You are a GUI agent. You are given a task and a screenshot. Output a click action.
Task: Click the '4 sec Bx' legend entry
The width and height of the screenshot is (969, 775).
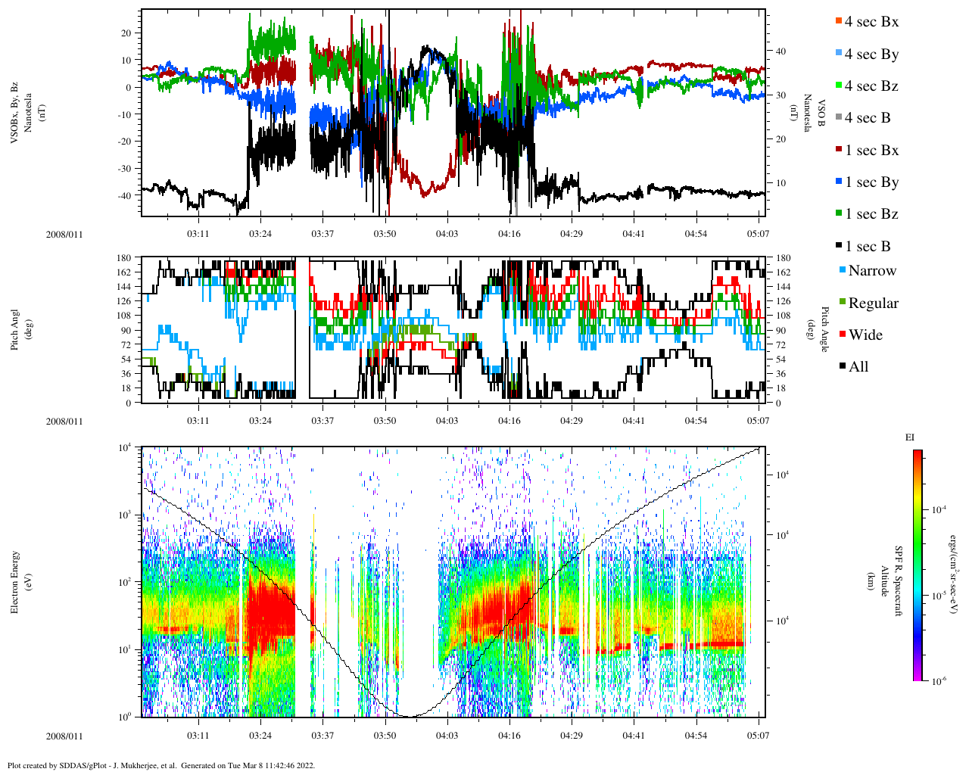871,22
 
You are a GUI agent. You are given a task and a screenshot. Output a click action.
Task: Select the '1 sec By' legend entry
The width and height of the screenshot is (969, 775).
871,182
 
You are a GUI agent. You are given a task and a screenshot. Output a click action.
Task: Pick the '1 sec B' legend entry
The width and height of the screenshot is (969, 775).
868,247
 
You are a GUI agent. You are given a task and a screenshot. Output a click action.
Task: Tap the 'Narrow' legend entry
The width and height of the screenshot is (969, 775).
871,271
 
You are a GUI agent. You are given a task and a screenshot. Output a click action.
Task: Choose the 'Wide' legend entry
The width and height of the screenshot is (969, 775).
865,335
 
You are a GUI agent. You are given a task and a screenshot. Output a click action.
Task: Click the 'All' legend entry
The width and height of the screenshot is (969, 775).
858,367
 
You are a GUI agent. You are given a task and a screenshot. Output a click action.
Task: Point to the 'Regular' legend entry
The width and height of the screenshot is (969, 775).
873,303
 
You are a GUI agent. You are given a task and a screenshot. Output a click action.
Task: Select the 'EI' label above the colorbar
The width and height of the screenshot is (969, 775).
910,437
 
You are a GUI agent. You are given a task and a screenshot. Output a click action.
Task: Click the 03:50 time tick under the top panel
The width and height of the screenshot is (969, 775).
385,234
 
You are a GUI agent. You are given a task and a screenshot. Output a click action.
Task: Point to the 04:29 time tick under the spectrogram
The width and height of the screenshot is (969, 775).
572,736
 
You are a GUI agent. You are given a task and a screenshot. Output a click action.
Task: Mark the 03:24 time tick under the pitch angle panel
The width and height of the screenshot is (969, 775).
260,420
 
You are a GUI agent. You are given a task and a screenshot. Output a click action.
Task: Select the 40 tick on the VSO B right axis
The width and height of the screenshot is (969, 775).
780,51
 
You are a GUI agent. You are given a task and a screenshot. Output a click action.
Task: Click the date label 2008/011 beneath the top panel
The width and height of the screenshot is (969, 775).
64,234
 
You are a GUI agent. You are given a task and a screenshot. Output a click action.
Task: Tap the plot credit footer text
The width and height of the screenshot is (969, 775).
161,765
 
